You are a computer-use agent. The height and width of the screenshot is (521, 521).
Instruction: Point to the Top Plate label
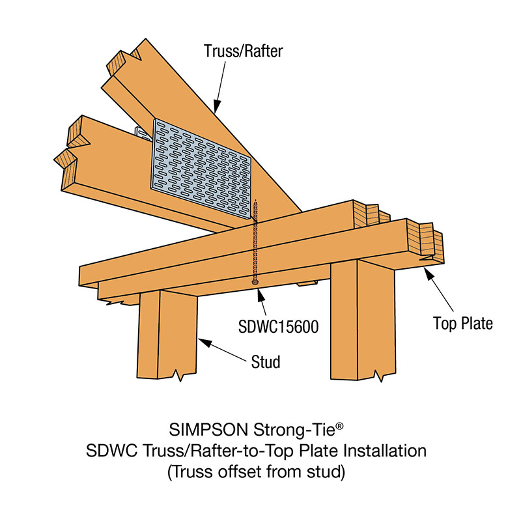pyautogui.click(x=463, y=322)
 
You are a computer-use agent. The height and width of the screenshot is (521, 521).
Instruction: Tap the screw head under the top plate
pyautogui.click(x=255, y=281)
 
